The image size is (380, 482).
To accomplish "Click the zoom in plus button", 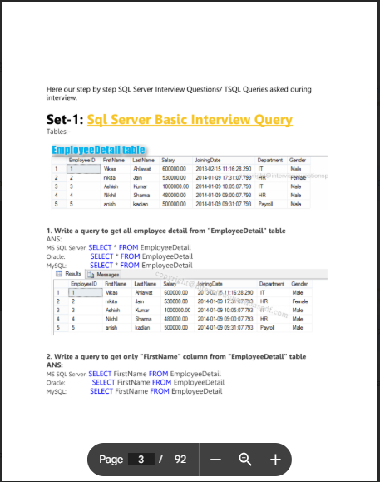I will [x=275, y=460].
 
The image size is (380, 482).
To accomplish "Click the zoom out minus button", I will [x=215, y=460].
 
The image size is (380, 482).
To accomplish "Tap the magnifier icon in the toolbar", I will [x=245, y=460].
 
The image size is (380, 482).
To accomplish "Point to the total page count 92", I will [x=180, y=460].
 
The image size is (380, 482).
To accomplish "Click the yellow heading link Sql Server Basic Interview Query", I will [x=190, y=120].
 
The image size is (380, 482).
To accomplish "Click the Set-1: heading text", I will [x=65, y=120].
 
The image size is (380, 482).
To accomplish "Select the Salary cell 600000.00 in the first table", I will [x=173, y=168].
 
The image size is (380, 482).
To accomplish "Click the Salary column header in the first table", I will [x=168, y=159].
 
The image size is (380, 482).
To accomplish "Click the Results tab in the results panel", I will [x=70, y=274].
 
